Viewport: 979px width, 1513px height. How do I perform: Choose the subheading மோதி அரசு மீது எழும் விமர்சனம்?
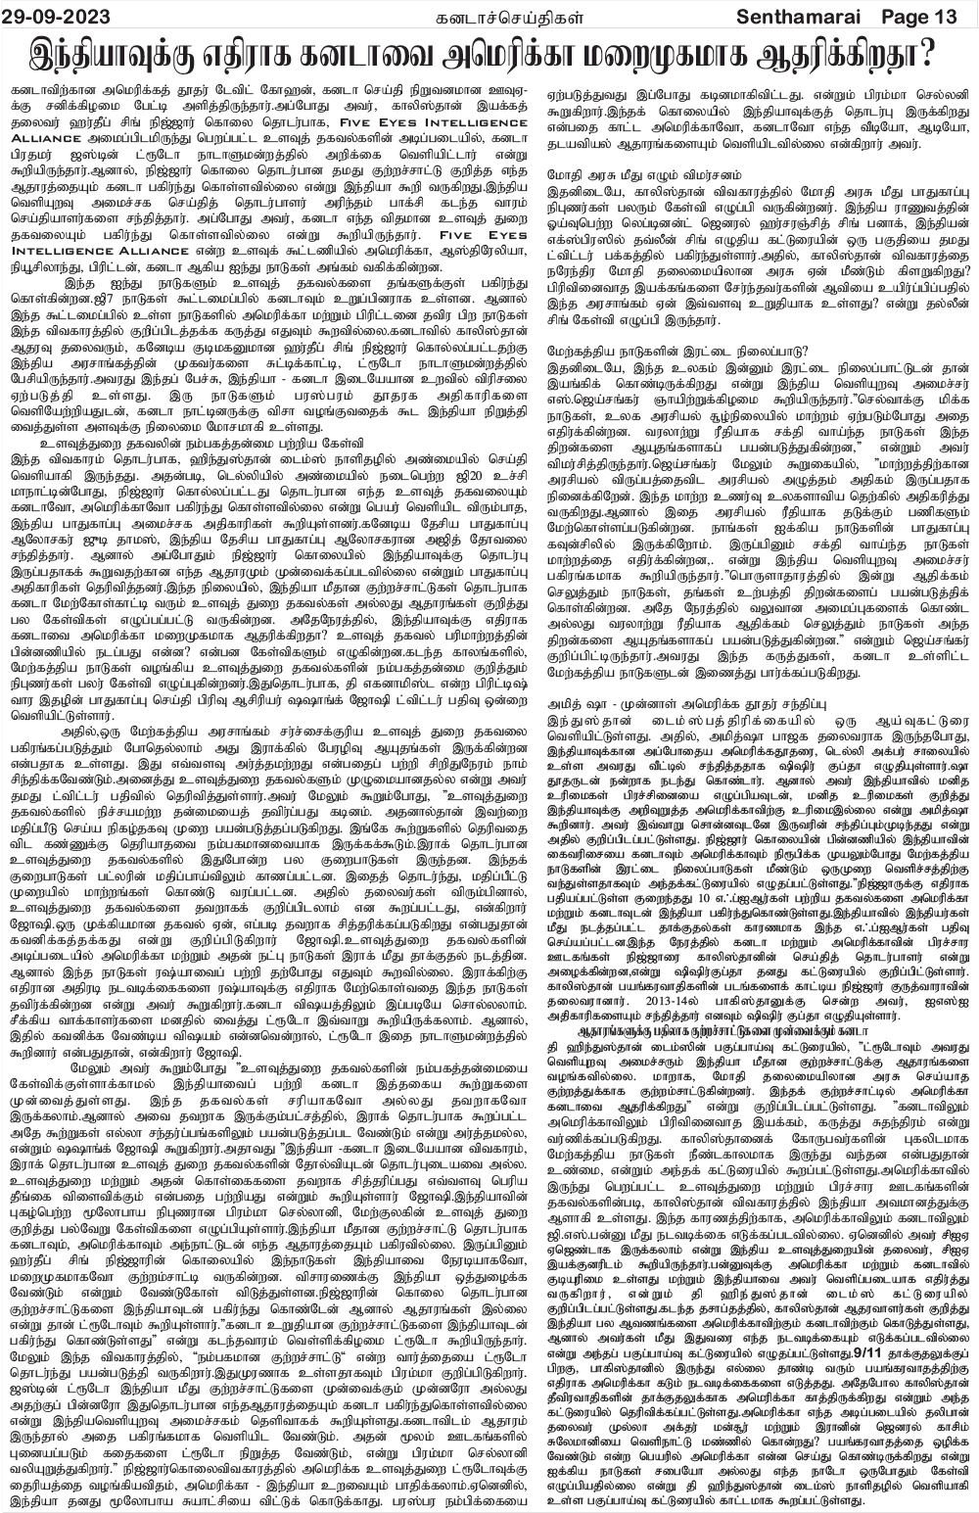click(x=634, y=173)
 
